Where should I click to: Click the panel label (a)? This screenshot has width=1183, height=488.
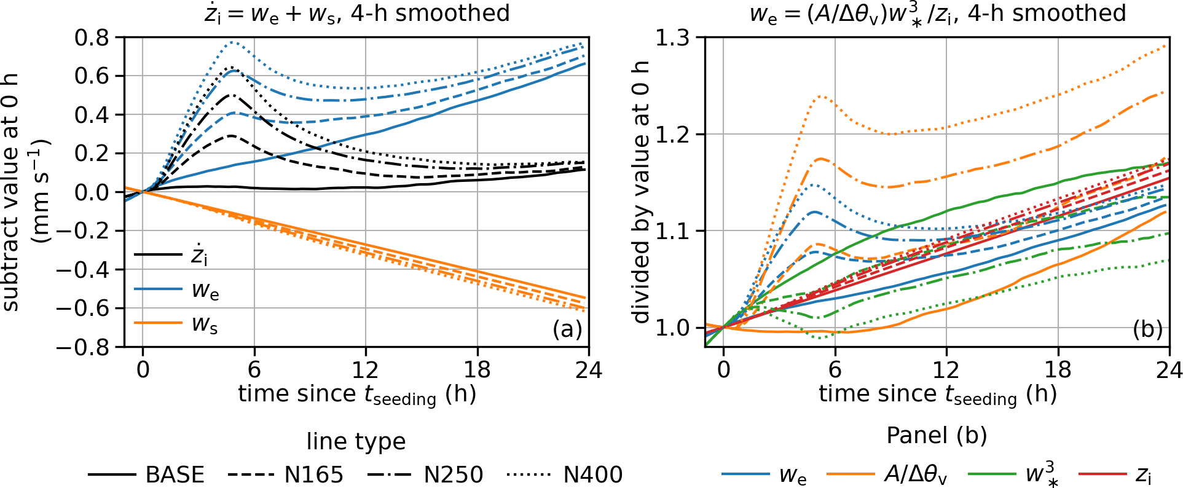(567, 329)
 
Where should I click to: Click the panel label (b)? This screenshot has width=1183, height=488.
(1147, 329)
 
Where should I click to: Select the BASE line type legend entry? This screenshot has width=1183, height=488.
(146, 474)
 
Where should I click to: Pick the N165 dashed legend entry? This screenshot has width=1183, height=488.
(286, 474)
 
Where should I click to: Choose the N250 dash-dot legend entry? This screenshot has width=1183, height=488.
(425, 474)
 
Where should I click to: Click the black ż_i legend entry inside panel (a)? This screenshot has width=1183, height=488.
(171, 254)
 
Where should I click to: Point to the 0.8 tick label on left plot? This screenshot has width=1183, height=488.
(92, 37)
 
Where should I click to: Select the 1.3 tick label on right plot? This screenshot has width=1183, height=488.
(672, 37)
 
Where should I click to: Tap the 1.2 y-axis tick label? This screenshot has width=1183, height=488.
(672, 134)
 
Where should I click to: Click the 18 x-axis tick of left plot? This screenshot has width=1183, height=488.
(478, 369)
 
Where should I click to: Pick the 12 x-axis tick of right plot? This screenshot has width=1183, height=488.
(946, 369)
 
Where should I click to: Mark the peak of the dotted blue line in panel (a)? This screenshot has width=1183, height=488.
(232, 42)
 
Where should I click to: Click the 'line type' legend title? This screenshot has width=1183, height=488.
(356, 441)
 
